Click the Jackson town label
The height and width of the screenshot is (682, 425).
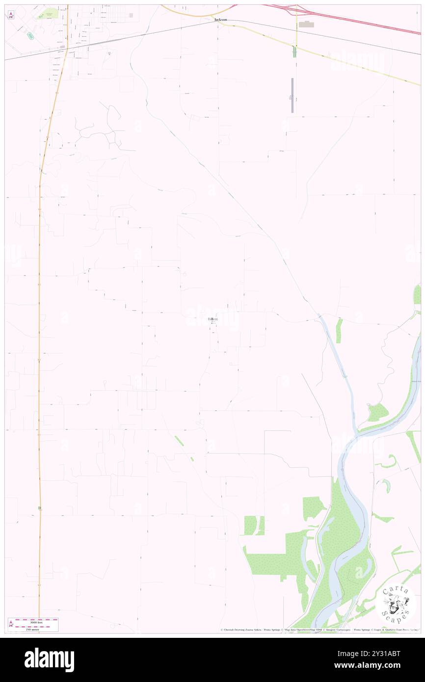click(x=220, y=20)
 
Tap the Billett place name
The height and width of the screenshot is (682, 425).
click(x=212, y=319)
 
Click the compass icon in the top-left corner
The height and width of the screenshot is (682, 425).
click(x=11, y=15)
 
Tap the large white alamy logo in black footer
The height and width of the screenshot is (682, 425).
click(x=49, y=659)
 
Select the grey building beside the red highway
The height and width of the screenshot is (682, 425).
click(x=307, y=24)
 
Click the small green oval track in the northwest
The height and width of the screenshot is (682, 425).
click(x=30, y=35)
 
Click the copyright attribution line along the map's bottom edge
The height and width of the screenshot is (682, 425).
click(x=319, y=630)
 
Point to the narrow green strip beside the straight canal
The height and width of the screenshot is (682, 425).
click(x=339, y=330)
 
